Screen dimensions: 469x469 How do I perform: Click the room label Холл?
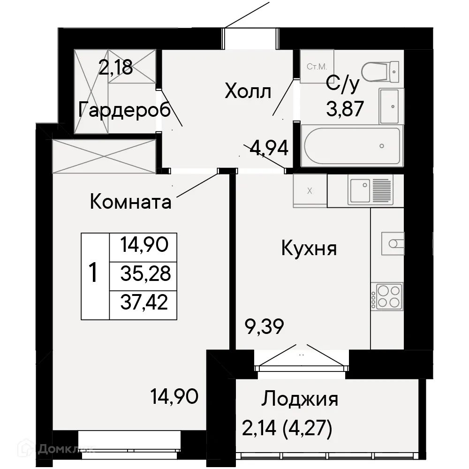click(x=248, y=91)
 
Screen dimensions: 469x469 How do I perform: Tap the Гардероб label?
click(x=124, y=111)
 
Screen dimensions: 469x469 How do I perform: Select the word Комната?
click(x=130, y=202)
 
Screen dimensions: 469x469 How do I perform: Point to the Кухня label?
click(x=309, y=248)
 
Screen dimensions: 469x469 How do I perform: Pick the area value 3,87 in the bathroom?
click(x=345, y=111)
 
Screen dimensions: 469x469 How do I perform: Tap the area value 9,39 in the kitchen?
click(x=265, y=326)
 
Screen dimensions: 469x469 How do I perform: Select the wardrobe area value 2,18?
click(x=115, y=68)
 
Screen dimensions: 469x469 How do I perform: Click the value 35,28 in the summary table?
click(x=145, y=273)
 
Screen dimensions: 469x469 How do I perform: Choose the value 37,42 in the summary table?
click(x=145, y=303)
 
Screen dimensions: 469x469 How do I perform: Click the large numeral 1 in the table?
click(x=94, y=273)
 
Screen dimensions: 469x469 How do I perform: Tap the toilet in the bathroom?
click(x=382, y=71)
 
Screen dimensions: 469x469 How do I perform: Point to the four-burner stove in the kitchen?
click(x=387, y=296)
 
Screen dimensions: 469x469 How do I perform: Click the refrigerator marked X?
click(x=310, y=190)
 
